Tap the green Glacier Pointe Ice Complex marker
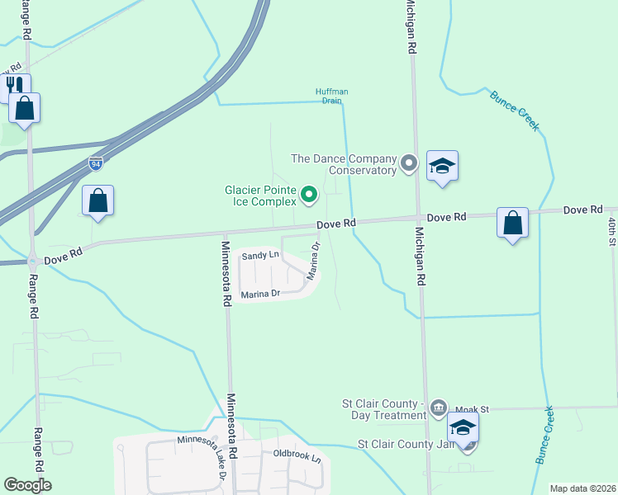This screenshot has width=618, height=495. pos(309,195)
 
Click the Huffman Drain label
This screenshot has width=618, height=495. pos(328,96)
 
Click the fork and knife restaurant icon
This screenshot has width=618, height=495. pos(15,86)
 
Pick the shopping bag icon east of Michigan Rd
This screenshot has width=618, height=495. pos(512,222)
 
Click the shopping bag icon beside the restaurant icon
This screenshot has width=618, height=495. pos(25,107)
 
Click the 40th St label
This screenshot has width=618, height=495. pos(612,231)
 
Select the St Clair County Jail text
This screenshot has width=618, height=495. pos(407,444)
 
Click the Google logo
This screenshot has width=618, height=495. pos(28,485)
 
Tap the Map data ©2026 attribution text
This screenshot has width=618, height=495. pos(582,488)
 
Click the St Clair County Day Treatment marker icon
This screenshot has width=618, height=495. pos(439,407)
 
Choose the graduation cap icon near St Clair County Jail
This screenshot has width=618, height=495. pos(463,427)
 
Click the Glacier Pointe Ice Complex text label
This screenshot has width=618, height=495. pos(260,195)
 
